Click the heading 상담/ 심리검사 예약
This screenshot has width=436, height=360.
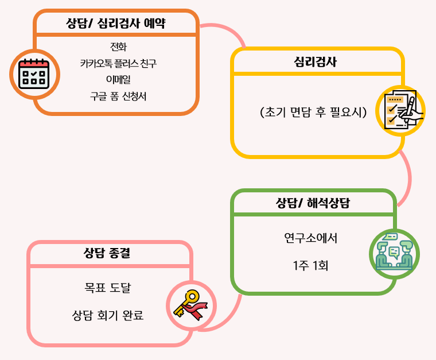pos(116,24)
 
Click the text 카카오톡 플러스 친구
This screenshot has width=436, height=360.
pos(118,63)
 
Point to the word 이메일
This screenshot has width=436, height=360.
pos(118,79)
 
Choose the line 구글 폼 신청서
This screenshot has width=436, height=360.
pos(118,96)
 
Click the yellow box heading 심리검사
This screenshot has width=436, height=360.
pos(315,61)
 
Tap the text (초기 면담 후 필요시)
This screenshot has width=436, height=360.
pos(313,112)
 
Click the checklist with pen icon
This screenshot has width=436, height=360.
pos(401,109)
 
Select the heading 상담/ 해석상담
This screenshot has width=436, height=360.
pos(313,203)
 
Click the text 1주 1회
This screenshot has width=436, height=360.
pos(310,266)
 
